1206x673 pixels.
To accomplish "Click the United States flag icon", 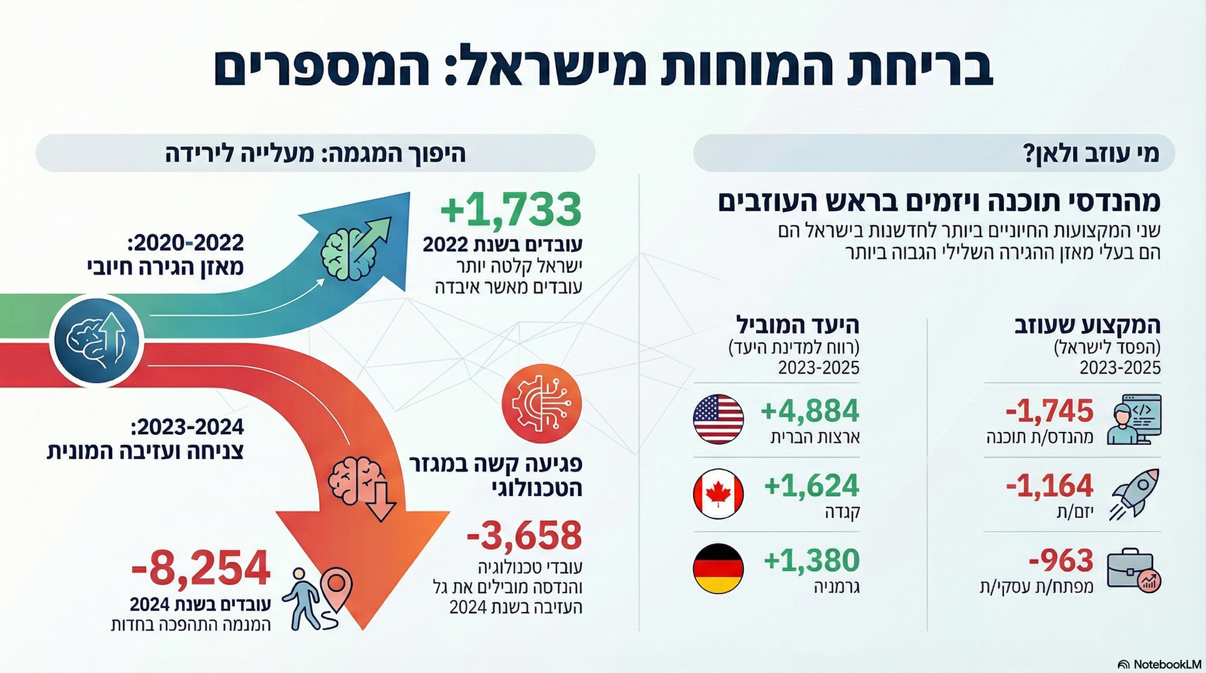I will pyautogui.click(x=718, y=419).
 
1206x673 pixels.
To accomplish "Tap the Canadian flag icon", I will pyautogui.click(x=718, y=494).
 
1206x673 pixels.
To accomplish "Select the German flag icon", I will pyautogui.click(x=718, y=568).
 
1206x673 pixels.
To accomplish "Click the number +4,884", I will pyautogui.click(x=810, y=411).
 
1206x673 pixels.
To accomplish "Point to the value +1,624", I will pyautogui.click(x=811, y=486).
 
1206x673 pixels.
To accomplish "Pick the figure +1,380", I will pyautogui.click(x=811, y=561).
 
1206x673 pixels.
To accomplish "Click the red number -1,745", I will pyautogui.click(x=1050, y=411).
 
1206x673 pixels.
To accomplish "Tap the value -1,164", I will pyautogui.click(x=1050, y=486).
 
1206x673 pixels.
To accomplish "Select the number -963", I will pyautogui.click(x=1061, y=561).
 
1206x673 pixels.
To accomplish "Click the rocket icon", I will pyautogui.click(x=1134, y=494).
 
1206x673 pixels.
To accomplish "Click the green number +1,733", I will pyautogui.click(x=511, y=209).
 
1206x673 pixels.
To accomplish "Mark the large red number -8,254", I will pyautogui.click(x=201, y=568).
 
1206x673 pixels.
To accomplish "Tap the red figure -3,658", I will pyautogui.click(x=524, y=535).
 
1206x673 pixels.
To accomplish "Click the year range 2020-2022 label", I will pyautogui.click(x=188, y=242).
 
